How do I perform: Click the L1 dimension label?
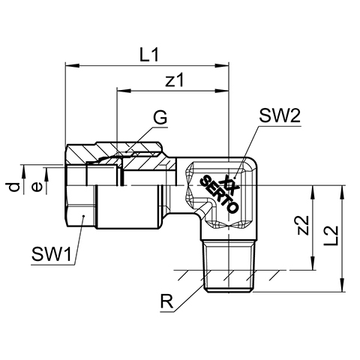tap(149, 55)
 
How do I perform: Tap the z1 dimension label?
tap(175, 80)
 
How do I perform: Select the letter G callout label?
tap(160, 118)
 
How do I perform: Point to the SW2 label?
tap(280, 116)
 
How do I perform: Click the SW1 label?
tap(52, 254)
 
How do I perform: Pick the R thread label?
tap(166, 301)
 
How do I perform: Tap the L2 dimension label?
tap(332, 235)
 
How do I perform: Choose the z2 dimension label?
tap(304, 225)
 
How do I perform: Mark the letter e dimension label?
tap(37, 187)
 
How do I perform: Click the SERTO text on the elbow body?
tap(220, 194)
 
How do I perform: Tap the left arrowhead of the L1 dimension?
tap(72, 66)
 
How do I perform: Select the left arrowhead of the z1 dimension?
tap(124, 91)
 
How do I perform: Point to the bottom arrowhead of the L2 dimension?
tap(342, 285)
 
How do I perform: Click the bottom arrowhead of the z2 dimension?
tap(313, 263)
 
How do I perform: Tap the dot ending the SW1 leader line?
tap(83, 216)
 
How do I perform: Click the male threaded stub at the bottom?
tap(229, 266)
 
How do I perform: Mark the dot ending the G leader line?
tap(127, 151)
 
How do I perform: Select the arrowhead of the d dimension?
tap(24, 172)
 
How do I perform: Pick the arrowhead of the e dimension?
tap(46, 175)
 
